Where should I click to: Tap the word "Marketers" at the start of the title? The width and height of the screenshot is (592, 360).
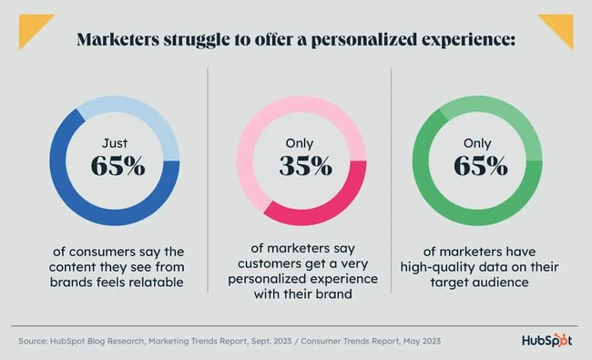(x=122, y=41)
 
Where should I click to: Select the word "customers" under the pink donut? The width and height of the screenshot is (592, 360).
(x=272, y=265)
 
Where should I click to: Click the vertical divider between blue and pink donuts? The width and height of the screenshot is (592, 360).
(x=209, y=182)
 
